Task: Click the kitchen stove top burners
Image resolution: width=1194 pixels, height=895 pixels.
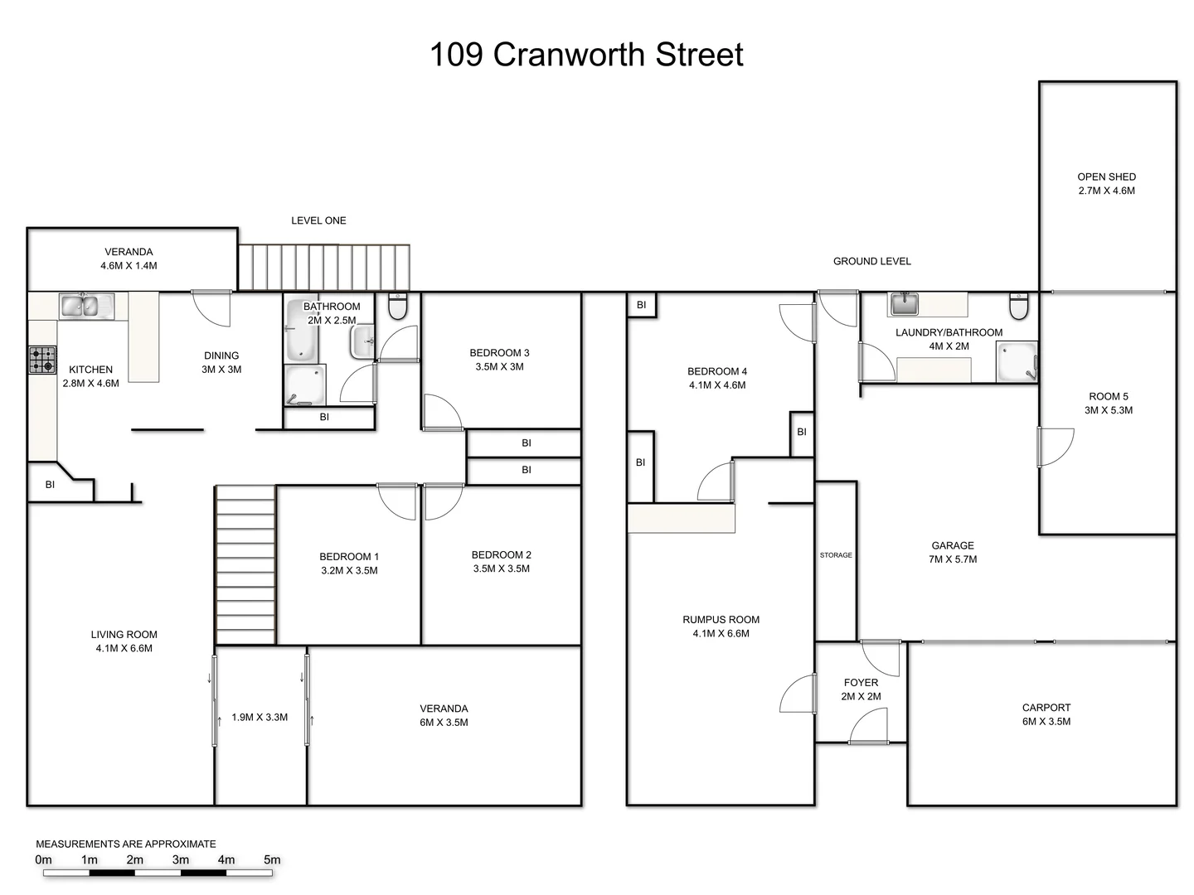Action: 42,360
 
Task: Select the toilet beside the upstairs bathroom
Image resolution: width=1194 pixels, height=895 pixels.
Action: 398,307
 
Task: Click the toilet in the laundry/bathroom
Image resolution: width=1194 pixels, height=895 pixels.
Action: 1019,307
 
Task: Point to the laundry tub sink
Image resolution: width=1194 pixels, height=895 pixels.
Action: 903,304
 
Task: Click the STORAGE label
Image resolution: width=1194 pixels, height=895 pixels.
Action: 836,555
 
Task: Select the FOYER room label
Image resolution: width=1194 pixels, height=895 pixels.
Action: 861,683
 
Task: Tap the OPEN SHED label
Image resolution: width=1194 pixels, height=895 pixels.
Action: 1106,177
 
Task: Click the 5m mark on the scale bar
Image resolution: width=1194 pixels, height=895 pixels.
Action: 272,860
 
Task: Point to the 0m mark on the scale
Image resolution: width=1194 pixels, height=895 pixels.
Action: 44,860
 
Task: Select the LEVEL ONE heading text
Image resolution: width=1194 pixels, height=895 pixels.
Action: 318,220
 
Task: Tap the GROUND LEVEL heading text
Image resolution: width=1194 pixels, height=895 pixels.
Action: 871,261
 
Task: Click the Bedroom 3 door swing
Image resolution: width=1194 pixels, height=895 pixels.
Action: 443,412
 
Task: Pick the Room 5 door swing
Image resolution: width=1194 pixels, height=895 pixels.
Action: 1056,447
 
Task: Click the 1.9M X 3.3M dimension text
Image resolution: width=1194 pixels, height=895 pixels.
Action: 260,718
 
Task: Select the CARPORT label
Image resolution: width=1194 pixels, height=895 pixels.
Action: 1046,708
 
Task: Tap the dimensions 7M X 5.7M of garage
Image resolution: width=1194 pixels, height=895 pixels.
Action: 953,559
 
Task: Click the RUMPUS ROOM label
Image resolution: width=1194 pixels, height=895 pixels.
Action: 721,620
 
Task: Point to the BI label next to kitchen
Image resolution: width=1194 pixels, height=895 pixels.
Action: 50,485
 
